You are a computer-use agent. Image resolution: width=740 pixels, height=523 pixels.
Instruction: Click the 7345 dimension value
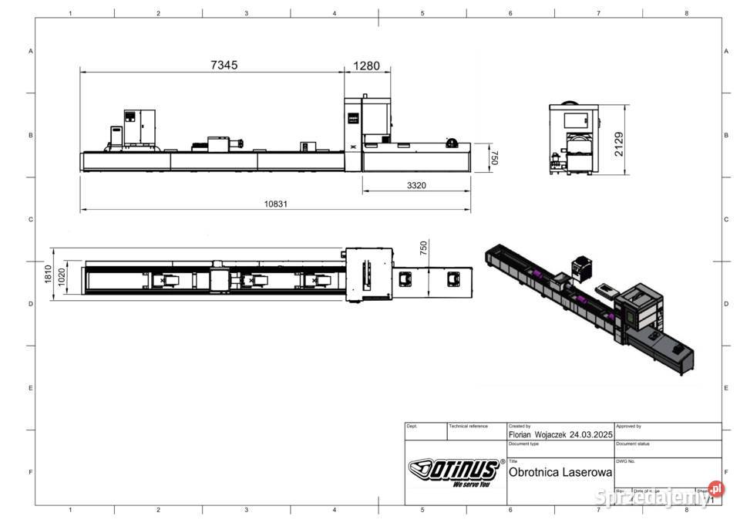(224, 66)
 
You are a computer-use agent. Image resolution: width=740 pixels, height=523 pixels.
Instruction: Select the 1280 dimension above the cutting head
(366, 66)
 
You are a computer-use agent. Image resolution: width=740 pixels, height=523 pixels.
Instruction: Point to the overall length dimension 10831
(276, 204)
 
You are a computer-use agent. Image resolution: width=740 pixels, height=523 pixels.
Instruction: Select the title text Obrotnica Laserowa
(560, 472)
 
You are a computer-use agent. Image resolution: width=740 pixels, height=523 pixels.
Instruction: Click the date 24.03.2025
(591, 434)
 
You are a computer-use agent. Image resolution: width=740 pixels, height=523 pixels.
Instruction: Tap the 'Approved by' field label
(629, 426)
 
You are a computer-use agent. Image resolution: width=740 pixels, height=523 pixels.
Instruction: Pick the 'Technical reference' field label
(468, 426)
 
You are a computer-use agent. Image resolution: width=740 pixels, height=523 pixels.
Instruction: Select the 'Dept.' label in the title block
(412, 426)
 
